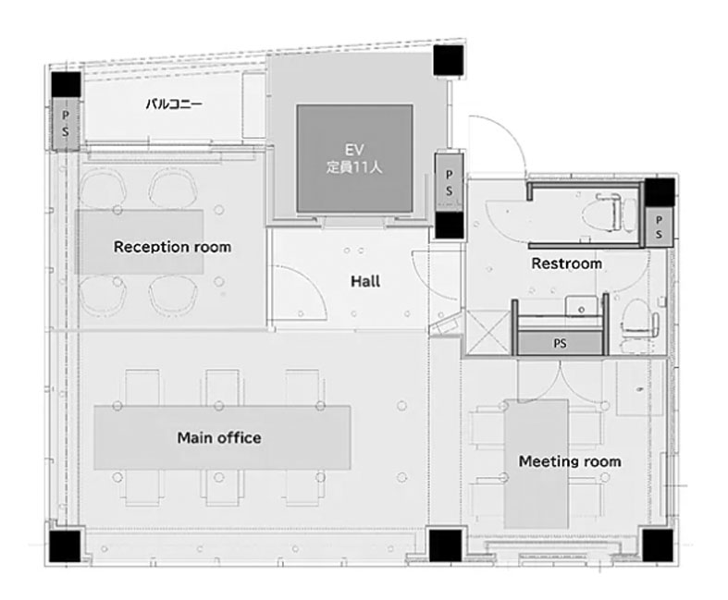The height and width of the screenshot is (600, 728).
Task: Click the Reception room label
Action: pos(172,247)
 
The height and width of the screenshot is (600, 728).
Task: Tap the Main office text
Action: pos(219,437)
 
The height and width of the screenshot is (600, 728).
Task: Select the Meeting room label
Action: pos(570,461)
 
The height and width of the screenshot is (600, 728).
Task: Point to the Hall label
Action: pos(365,281)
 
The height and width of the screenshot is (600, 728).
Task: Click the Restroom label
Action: pos(566,263)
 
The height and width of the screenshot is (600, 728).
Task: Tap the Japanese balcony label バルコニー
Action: pos(174,104)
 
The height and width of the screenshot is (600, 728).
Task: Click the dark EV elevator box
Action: pos(354,158)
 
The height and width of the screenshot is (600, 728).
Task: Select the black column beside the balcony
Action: pos(66,84)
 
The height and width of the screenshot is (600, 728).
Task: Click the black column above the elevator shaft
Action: pos(449,60)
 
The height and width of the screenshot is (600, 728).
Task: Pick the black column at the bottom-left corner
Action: pos(65,545)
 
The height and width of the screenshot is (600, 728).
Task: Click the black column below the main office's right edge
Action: pos(445,545)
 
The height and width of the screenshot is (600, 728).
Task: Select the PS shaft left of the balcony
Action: pos(66,124)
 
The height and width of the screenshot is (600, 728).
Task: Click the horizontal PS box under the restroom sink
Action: pos(561,343)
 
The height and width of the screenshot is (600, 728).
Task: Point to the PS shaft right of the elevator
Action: pos(449,183)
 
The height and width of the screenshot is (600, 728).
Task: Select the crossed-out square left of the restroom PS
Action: pos(489,333)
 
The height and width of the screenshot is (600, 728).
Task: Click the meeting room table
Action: pos(537,463)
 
